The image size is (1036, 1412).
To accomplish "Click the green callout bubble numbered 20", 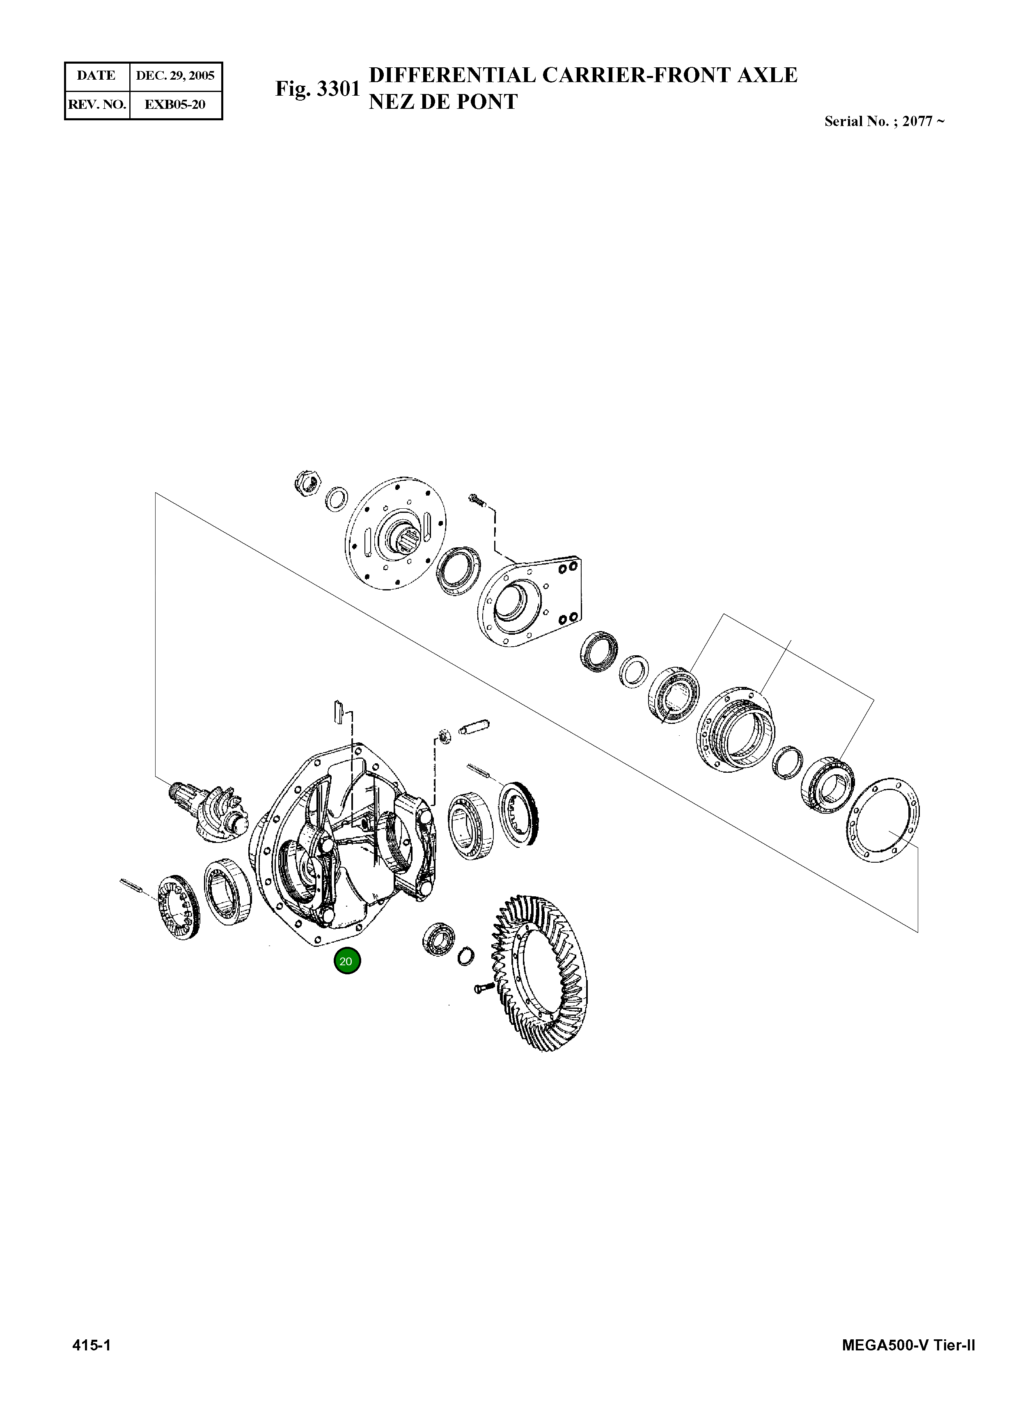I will [347, 961].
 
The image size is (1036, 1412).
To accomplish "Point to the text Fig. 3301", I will [317, 89].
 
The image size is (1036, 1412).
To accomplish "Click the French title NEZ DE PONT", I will [443, 101].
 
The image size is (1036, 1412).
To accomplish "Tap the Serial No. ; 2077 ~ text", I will [884, 122].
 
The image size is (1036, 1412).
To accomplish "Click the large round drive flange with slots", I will [395, 533].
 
